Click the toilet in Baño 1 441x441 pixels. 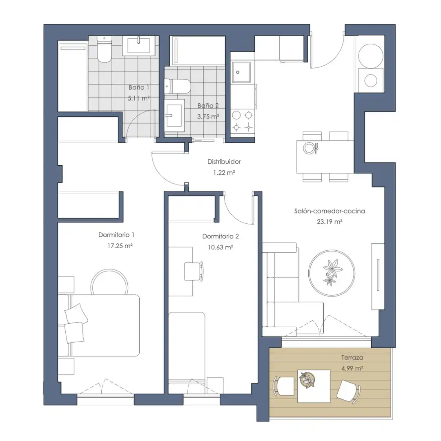pos(104,49)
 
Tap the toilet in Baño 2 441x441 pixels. pos(178,86)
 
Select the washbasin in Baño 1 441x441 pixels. pos(138,45)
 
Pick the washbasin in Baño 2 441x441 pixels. pos(174,115)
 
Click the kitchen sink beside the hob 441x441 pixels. pos(241,72)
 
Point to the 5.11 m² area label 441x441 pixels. pos(138,98)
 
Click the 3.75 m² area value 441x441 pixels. pos(208,116)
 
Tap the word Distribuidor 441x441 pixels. pos(224,162)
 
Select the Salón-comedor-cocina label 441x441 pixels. pos(330,211)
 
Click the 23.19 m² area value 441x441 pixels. pos(330,222)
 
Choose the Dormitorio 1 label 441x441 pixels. pos(116,235)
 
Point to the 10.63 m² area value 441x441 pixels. pos(220,247)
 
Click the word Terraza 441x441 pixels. pos(352,357)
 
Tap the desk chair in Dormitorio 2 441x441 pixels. pos(194,271)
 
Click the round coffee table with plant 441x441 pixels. pos(332,273)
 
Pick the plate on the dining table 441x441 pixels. pos(310,148)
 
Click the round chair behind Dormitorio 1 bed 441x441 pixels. pos(109,282)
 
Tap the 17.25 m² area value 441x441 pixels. pos(120,246)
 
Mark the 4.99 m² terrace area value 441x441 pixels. pos(352,368)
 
